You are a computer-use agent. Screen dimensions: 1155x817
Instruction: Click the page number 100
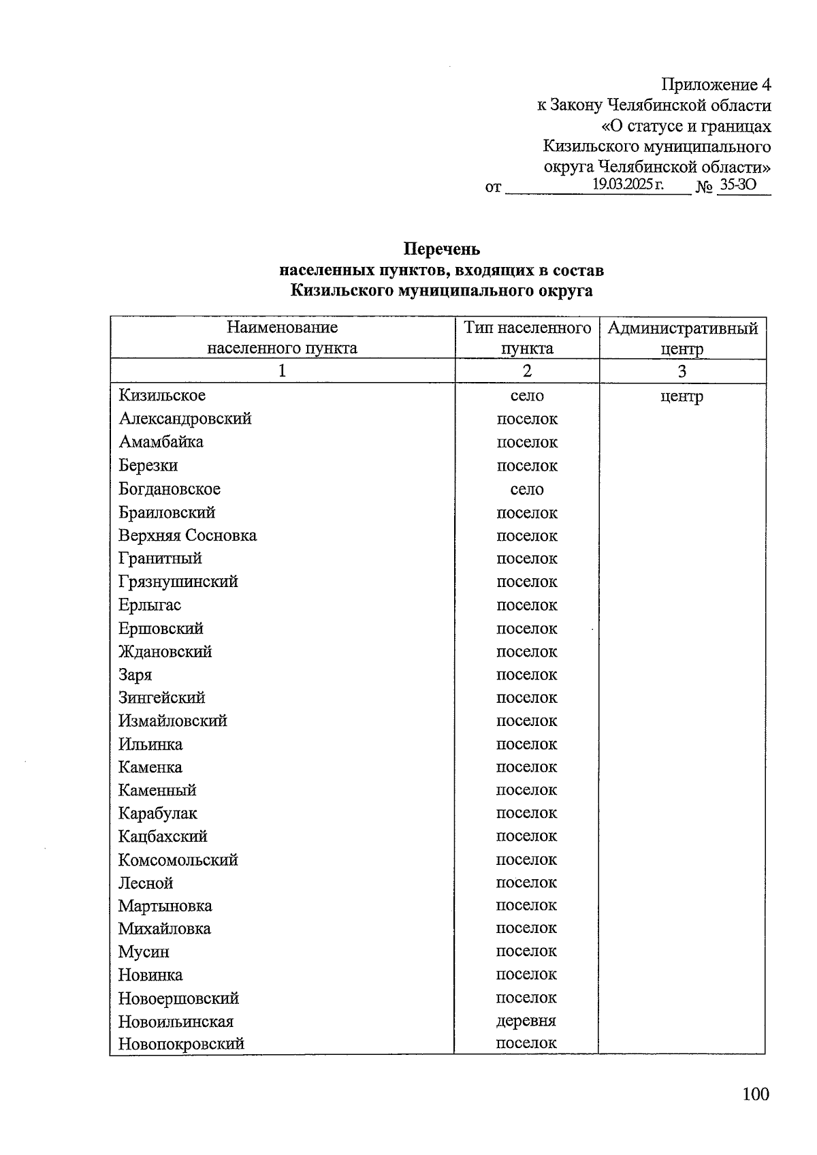pos(755,1094)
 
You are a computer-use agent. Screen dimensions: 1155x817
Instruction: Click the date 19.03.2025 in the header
pos(627,185)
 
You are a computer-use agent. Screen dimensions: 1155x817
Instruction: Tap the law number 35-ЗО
pos(738,185)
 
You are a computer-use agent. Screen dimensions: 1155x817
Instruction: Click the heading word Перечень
pos(441,249)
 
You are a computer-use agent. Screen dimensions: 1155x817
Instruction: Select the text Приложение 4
pos(716,85)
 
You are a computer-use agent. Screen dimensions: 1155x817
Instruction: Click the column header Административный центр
pos(682,338)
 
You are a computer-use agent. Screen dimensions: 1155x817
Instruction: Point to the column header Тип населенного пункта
pos(527,338)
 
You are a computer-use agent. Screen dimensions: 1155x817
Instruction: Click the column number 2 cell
pos(527,371)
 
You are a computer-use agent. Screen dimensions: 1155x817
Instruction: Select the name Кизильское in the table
pos(162,396)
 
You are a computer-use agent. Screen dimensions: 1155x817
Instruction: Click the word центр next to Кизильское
pos(682,397)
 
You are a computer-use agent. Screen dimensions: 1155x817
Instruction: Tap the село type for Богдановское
pos(527,490)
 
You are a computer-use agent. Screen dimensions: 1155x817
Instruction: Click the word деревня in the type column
pos(526,1021)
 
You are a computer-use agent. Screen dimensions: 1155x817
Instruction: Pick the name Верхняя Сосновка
pos(187,536)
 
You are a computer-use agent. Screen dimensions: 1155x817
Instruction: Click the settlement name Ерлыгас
pos(150,605)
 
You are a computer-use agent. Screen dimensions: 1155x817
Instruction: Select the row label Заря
pos(135,675)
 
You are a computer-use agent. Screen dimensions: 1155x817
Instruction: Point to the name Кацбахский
pos(163,836)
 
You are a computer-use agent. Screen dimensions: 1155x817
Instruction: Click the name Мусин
pos(144,952)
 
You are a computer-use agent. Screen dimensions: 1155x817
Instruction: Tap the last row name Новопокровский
pos(181,1044)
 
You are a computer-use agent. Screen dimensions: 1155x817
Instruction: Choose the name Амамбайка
pos(161,442)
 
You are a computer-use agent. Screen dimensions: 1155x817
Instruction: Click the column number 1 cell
pos(282,371)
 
